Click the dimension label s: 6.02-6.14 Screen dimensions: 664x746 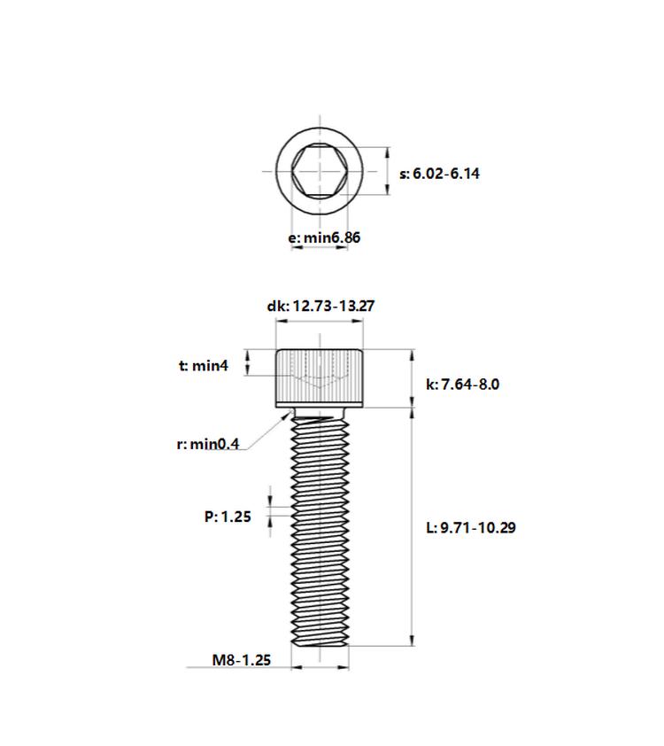[439, 174]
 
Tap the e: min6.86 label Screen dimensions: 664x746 [324, 237]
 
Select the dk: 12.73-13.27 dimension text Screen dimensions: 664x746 [320, 306]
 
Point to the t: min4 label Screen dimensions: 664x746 [204, 366]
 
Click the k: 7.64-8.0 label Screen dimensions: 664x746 [462, 385]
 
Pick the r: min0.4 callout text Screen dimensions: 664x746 [208, 445]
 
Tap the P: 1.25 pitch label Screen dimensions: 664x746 [228, 517]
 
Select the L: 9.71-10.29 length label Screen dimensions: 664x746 [470, 528]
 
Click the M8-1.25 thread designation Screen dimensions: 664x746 [242, 660]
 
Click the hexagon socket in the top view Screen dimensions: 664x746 [320, 171]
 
